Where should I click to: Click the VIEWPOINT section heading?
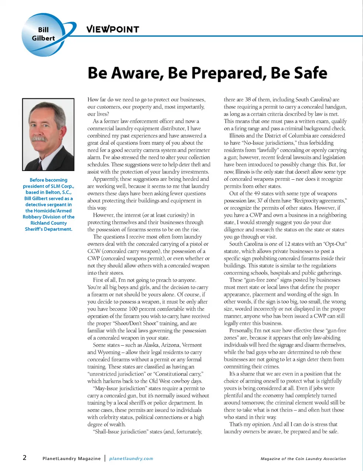click(112, 29)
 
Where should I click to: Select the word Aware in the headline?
click(138, 73)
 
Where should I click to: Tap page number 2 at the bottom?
click(25, 457)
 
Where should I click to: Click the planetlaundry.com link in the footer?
click(131, 459)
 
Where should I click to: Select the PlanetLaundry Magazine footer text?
click(71, 459)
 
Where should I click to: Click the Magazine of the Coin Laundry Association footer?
click(303, 459)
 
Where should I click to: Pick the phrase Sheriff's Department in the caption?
click(48, 229)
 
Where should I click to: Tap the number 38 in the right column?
click(248, 99)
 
